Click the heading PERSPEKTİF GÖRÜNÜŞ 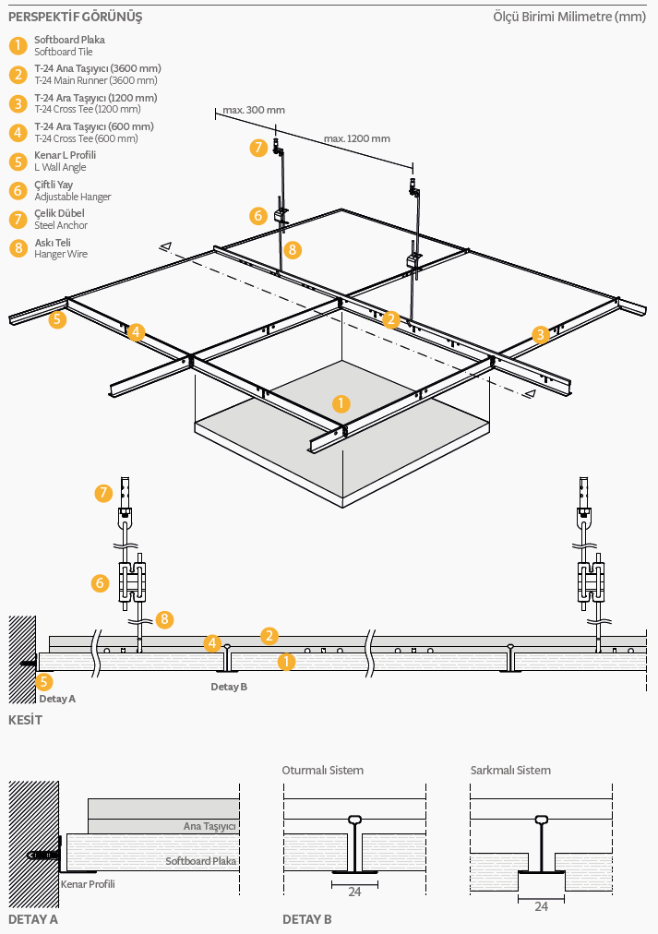tap(75, 18)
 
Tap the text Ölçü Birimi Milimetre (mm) tap(569, 17)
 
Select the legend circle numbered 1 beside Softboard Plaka tap(18, 45)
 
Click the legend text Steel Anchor tap(61, 225)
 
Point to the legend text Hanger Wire tap(61, 254)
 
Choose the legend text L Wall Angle tap(60, 167)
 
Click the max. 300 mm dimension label tap(254, 110)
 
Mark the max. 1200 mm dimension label tap(357, 138)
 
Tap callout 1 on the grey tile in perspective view tap(341, 404)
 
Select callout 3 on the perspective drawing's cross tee tap(540, 334)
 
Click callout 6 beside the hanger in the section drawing tap(100, 582)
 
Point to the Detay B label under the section tap(229, 687)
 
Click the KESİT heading tap(26, 720)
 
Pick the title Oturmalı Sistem tap(323, 771)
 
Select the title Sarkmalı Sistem tap(510, 771)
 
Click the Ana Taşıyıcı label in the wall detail tap(209, 826)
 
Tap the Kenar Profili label tap(88, 884)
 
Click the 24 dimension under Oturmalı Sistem tap(355, 892)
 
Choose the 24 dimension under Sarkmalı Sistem tap(542, 906)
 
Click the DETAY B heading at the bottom tap(306, 920)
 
